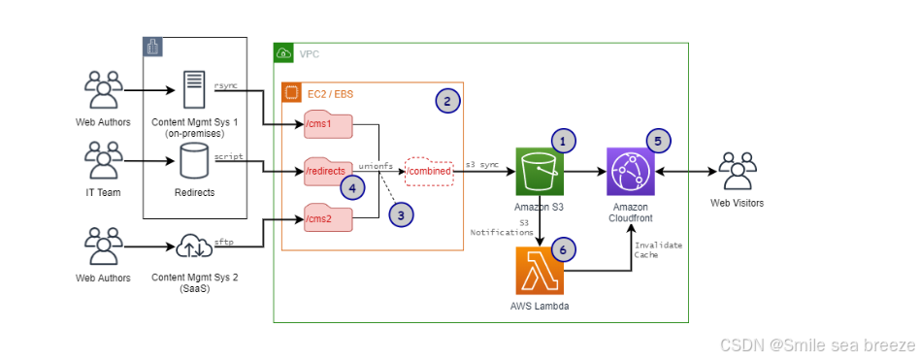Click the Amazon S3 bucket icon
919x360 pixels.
click(541, 174)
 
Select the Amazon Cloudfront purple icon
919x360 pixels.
click(632, 174)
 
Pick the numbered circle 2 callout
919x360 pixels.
click(445, 101)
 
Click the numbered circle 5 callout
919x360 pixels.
click(658, 141)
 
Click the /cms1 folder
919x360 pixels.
click(328, 125)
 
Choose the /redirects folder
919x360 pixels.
click(328, 172)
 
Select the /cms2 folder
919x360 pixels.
click(328, 217)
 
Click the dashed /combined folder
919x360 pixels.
click(429, 172)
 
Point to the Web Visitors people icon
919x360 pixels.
click(738, 174)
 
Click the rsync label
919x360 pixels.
click(226, 85)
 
